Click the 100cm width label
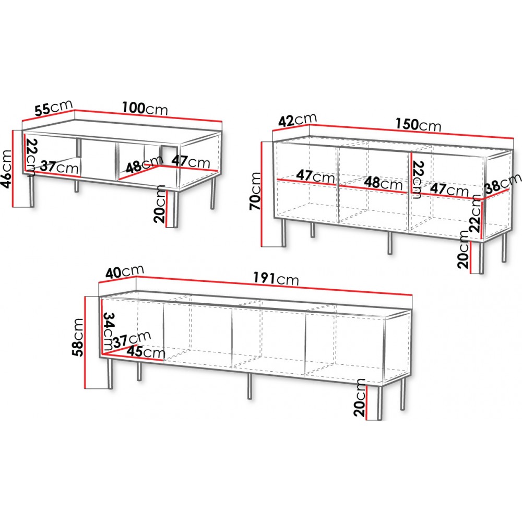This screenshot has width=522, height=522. coord(145,108)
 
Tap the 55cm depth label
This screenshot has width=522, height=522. coord(54,107)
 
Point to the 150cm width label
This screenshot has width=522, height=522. coord(418,125)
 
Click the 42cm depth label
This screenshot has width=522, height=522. coord(298,120)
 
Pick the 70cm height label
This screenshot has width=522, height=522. coord(255,191)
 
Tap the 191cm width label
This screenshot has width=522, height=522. coord(276,278)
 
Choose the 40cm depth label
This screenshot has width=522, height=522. coord(125,271)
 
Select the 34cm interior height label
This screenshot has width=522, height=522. coord(108,331)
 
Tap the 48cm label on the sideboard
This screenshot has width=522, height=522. coord(383,183)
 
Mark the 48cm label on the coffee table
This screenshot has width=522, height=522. coord(145,164)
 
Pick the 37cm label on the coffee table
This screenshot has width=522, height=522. coord(60,167)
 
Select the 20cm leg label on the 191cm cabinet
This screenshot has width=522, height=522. coord(360,397)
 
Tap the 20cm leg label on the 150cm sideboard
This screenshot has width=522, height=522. coord(462,250)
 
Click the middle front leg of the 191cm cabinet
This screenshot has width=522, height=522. coord(250,386)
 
